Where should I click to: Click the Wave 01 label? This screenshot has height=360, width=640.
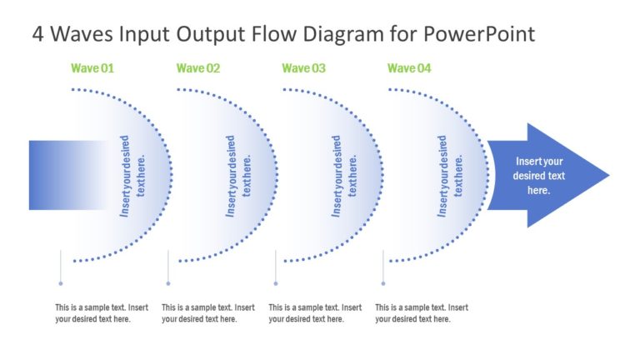[92, 68]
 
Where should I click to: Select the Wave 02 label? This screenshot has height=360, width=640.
[198, 68]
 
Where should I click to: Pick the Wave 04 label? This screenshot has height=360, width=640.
[409, 68]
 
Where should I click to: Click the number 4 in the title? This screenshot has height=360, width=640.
[38, 34]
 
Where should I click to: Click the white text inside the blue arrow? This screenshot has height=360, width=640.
[539, 176]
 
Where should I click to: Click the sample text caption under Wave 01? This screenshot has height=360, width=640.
[101, 312]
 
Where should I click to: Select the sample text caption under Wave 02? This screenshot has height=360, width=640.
[207, 312]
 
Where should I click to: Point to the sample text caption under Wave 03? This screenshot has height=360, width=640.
[314, 312]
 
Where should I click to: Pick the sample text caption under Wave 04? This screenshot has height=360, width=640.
[421, 312]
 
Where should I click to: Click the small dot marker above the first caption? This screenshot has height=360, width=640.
[61, 283]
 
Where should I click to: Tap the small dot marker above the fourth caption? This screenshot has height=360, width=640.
[382, 283]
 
